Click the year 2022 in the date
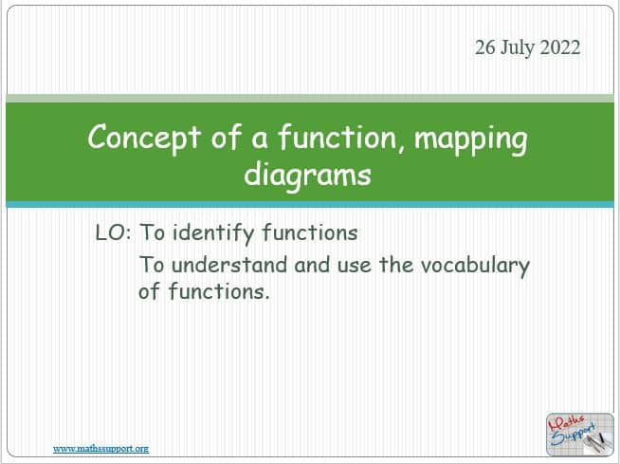(x=560, y=47)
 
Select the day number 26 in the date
(x=485, y=47)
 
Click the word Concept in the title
(x=144, y=137)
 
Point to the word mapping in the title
(x=470, y=139)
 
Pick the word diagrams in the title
(x=307, y=175)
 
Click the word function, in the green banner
(x=338, y=137)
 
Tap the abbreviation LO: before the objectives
(x=113, y=232)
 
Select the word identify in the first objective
(x=213, y=233)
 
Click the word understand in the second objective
(x=229, y=265)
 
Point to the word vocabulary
(x=475, y=266)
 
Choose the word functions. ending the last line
(x=219, y=291)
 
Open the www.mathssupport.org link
(x=100, y=449)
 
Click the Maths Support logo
(x=579, y=434)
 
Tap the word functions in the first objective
(x=310, y=232)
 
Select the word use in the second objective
(x=355, y=266)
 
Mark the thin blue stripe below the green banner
(x=310, y=204)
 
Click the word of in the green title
(x=227, y=137)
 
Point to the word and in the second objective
(x=312, y=265)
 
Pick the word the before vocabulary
(x=396, y=265)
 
